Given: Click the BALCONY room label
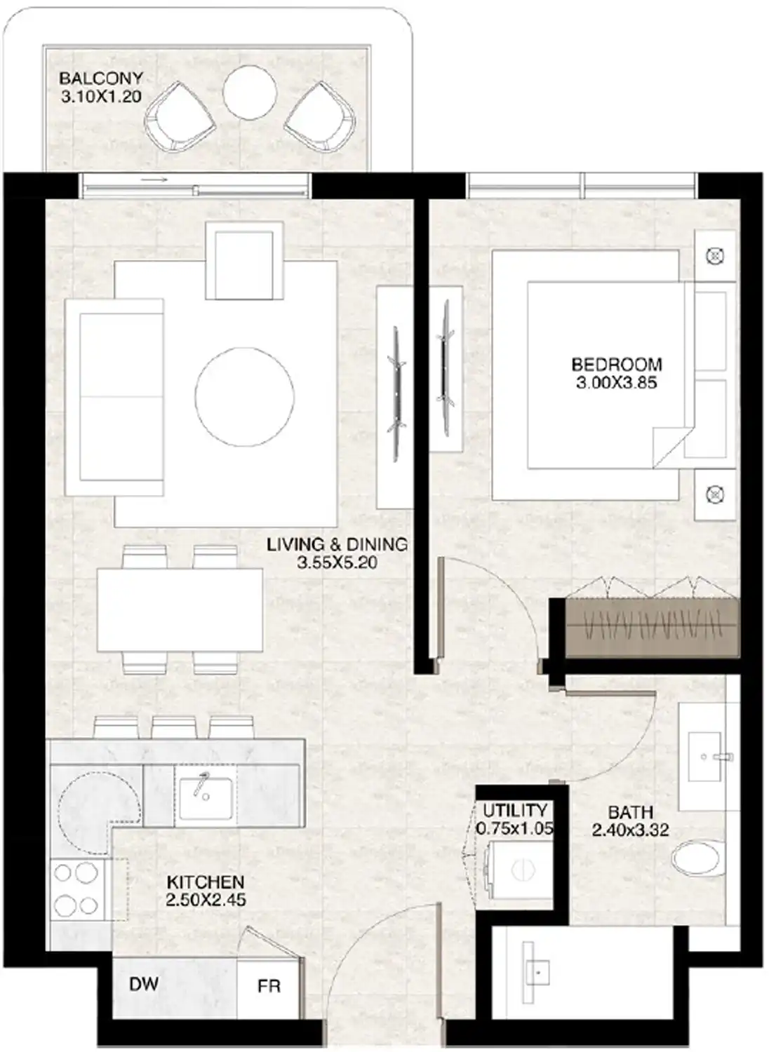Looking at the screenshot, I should tap(101, 79).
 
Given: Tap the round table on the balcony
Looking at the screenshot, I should tap(249, 92).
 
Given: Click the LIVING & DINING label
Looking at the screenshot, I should tap(337, 544).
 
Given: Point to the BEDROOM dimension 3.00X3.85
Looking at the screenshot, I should tap(616, 383).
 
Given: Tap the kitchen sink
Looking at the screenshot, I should tap(206, 798).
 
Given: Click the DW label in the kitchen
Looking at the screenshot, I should tap(143, 984).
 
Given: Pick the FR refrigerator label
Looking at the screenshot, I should tap(269, 986).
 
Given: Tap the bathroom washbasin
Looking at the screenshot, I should tap(705, 757).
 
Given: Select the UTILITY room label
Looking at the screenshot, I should tap(514, 811).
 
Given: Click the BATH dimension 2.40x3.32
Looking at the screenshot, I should tap(630, 830).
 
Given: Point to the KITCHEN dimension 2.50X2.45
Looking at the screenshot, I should tap(206, 900).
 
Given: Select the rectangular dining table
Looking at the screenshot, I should tap(180, 609).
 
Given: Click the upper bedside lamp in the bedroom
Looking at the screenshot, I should tap(714, 257).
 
